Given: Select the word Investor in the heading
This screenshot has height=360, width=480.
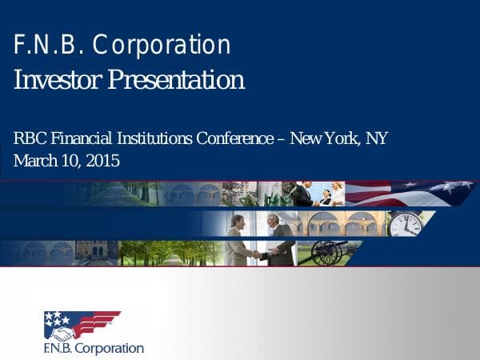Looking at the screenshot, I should pyautogui.click(x=57, y=80).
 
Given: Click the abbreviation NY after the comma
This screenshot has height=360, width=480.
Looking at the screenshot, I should pyautogui.click(x=376, y=138).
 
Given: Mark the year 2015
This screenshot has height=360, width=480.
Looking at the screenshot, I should pyautogui.click(x=102, y=161).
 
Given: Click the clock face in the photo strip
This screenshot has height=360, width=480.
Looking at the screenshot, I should pyautogui.click(x=404, y=223).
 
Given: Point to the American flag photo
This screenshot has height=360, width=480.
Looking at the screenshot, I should pyautogui.click(x=408, y=193).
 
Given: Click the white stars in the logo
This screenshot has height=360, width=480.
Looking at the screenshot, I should pyautogui.click(x=57, y=318).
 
